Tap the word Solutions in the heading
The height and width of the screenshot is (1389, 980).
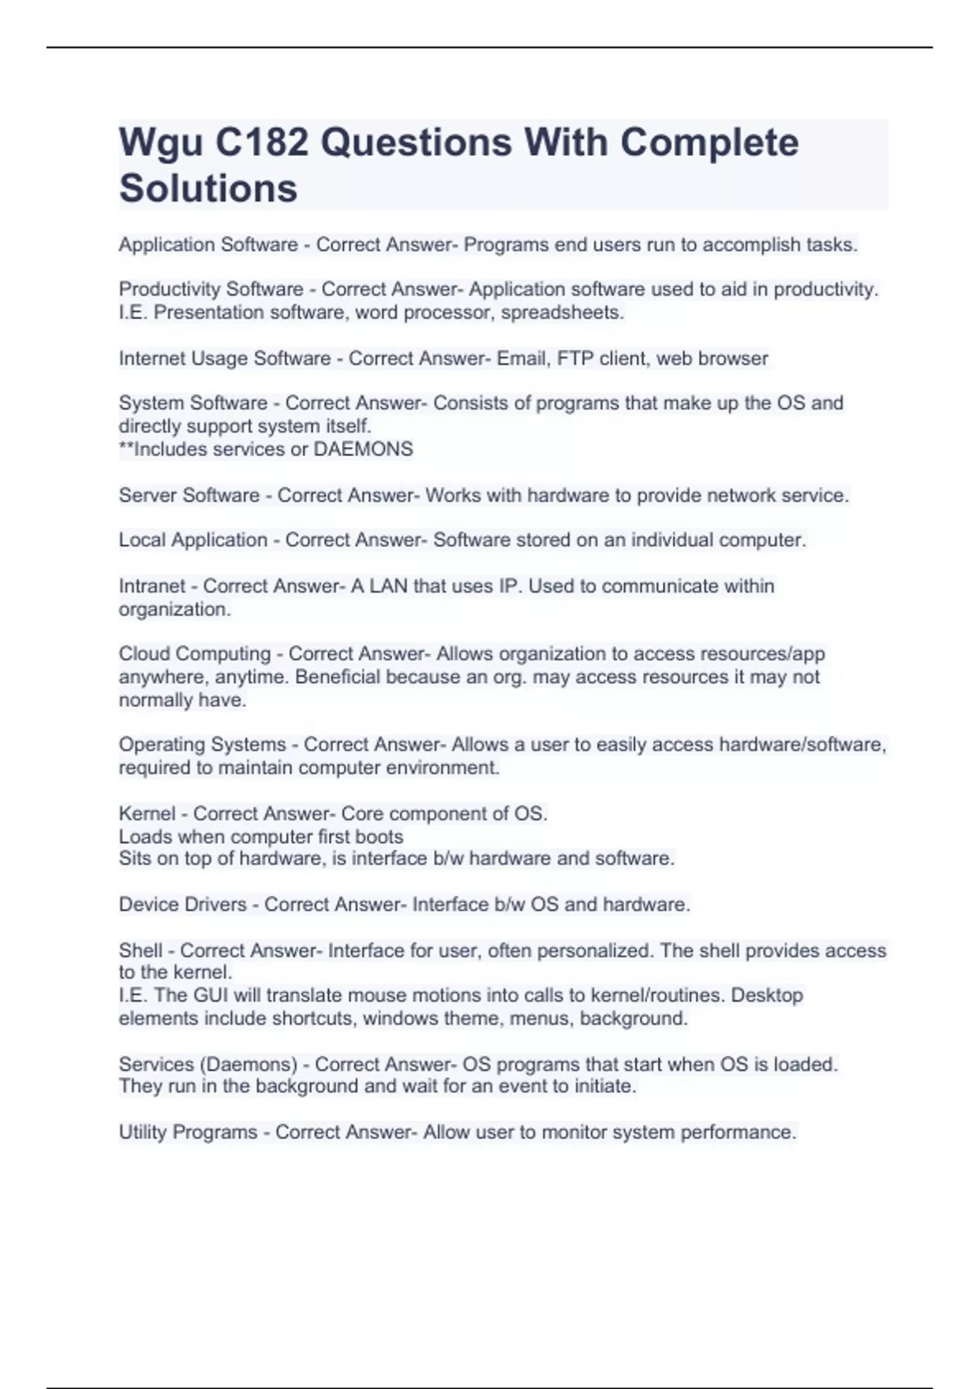[x=208, y=189]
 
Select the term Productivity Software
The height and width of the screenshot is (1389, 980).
[x=211, y=289]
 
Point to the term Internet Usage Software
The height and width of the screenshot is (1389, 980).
[x=225, y=359]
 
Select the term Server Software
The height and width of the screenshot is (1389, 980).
[x=189, y=496]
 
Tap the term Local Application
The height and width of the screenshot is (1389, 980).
[x=193, y=540]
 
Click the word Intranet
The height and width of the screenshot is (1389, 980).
[x=152, y=587]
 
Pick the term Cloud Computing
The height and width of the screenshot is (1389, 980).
[x=194, y=654]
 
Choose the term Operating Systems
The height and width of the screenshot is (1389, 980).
[x=202, y=745]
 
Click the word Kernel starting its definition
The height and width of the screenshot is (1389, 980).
[x=147, y=814]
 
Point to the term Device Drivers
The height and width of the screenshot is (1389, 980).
[x=182, y=904]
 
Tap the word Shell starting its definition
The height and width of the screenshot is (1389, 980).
[x=140, y=951]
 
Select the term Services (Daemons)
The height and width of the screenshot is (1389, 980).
[x=207, y=1065]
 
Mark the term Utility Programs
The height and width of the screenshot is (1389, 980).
[x=188, y=1132]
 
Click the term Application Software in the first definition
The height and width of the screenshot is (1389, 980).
[x=208, y=245]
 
